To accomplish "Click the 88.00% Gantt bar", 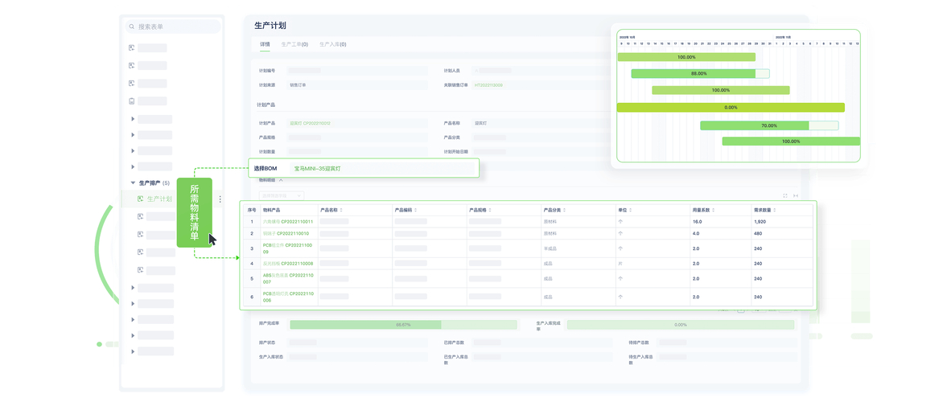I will click(x=698, y=73).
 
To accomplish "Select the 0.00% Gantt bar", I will click(x=731, y=107).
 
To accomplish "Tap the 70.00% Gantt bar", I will click(x=768, y=125).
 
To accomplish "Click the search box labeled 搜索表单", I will click(x=173, y=27).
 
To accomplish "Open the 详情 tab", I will click(x=265, y=44).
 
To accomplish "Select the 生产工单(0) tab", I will click(x=294, y=44).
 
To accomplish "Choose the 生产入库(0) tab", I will click(x=332, y=44).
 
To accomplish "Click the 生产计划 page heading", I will click(x=270, y=25).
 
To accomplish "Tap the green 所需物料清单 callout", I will click(x=194, y=212).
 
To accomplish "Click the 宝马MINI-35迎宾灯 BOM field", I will click(x=318, y=169).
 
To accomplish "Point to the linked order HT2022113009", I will click(x=488, y=84).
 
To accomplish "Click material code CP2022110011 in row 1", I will click(x=294, y=221).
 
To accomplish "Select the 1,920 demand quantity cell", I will click(x=760, y=221).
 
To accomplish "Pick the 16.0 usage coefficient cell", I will click(x=698, y=221).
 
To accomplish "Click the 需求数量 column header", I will click(x=764, y=210).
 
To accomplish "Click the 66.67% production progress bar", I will click(x=403, y=325).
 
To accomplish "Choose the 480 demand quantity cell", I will click(x=758, y=233).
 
